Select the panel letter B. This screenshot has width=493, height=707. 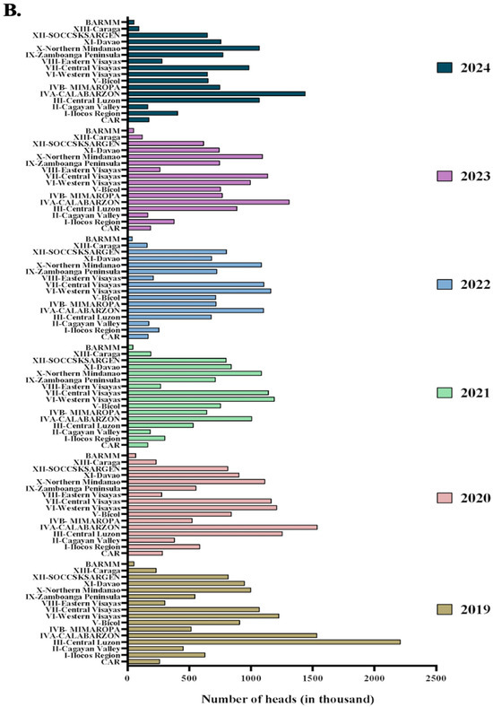tap(13, 11)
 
